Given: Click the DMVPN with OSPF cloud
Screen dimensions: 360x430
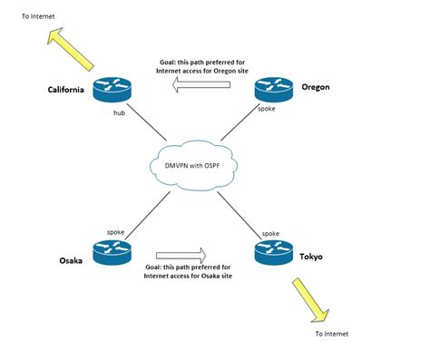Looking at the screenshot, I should click(x=193, y=164).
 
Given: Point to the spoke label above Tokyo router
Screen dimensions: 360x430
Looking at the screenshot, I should click(x=270, y=233).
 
